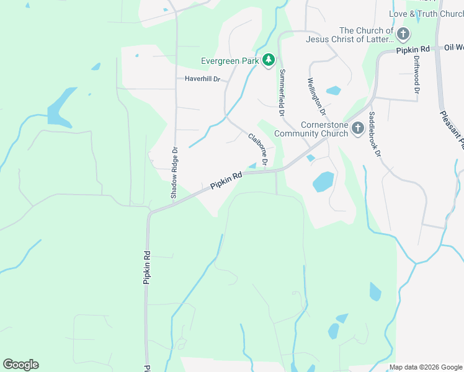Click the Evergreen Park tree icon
click(269, 60)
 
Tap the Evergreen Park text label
click(230, 61)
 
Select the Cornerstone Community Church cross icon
click(357, 128)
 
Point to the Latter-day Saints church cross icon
click(403, 34)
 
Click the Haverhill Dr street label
click(203, 79)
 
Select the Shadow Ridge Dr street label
click(175, 172)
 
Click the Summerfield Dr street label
click(282, 93)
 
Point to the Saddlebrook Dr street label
click(373, 134)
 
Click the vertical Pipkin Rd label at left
click(147, 267)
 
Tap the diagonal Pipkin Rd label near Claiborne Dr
click(226, 181)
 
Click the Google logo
click(20, 365)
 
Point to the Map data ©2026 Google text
click(426, 367)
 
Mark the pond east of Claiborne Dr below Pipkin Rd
click(323, 182)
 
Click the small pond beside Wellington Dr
click(333, 91)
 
